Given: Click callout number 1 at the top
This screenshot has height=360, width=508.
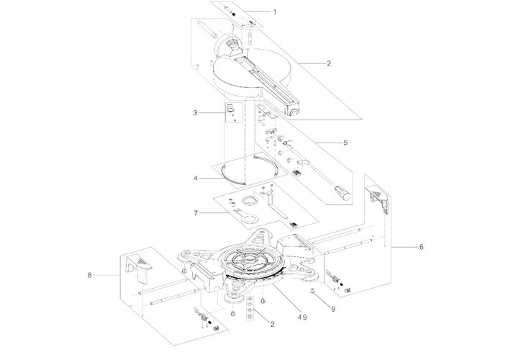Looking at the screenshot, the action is pos(275,12).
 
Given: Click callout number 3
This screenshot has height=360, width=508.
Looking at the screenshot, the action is pos(195,113).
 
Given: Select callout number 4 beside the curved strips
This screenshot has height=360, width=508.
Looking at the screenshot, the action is pos(196,179).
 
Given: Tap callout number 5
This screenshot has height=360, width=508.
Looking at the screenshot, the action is pos(345,143).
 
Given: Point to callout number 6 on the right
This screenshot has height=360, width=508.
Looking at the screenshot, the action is pos(422,247).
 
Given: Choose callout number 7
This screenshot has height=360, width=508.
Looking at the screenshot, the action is pos(196,213).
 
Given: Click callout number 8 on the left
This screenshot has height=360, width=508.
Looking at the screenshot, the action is pos(90,275).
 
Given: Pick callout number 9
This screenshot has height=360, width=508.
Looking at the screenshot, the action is pos(333,310).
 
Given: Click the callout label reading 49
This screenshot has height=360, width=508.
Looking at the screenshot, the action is pos(302,318).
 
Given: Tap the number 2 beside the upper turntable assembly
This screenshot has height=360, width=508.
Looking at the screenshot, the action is pos(329,63).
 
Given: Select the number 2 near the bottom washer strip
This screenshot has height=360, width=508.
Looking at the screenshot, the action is pos(273,324).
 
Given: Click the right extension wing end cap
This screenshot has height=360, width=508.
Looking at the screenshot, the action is pos(378,198).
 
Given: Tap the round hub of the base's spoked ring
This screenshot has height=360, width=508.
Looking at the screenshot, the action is pos(250,258).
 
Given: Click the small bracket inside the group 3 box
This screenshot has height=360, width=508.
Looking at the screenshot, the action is pos(230,108).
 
